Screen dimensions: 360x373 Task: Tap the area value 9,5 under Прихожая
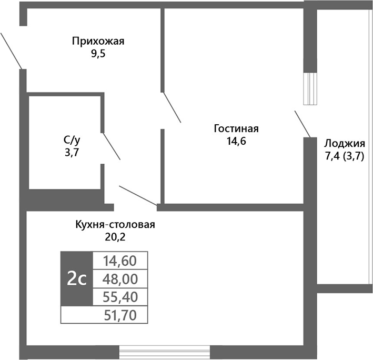pyautogui.click(x=98, y=54)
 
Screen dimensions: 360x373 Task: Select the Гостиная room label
pyautogui.click(x=236, y=129)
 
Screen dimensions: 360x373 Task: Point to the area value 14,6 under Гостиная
pyautogui.click(x=236, y=141)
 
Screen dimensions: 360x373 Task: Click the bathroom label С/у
pyautogui.click(x=72, y=140)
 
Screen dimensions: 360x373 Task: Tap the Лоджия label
pyautogui.click(x=345, y=143)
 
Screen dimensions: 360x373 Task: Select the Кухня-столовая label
pyautogui.click(x=116, y=225)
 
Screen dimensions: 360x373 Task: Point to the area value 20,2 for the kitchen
pyautogui.click(x=116, y=237)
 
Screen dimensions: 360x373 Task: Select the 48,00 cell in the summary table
pyautogui.click(x=120, y=279)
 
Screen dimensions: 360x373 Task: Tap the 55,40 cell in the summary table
pyautogui.click(x=120, y=297)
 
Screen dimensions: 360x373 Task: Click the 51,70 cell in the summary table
pyautogui.click(x=120, y=316)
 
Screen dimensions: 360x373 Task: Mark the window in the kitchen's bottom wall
pyautogui.click(x=164, y=352)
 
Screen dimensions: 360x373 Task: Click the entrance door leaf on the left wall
pyautogui.click(x=11, y=51)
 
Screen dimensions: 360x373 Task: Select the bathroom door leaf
pyautogui.click(x=111, y=146)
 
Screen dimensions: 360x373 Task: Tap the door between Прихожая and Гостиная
pyautogui.click(x=172, y=108)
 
